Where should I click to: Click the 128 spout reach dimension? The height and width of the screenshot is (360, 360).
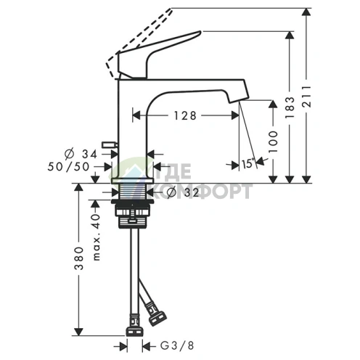point(185,115)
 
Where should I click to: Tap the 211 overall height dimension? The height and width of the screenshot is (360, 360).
point(307,96)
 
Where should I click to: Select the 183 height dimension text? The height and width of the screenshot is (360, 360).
point(290,107)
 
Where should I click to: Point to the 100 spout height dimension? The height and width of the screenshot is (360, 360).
point(273,142)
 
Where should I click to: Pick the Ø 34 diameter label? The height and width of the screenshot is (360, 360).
point(81,154)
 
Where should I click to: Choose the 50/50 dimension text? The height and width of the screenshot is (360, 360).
point(68,167)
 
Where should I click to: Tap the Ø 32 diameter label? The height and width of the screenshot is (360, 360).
point(183,192)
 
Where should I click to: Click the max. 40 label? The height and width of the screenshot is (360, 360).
point(97,237)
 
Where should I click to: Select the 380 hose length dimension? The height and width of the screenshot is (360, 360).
point(79,258)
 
